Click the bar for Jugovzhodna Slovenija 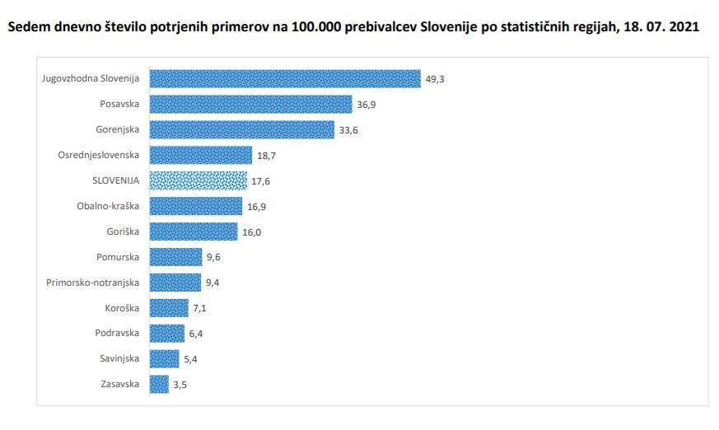[x=284, y=78]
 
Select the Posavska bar [x=252, y=104]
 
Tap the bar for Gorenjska [x=242, y=129]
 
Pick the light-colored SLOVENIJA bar [x=198, y=180]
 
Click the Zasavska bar [x=159, y=384]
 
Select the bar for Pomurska [x=175, y=257]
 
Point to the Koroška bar [x=169, y=308]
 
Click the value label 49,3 [x=435, y=79]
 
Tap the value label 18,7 [x=266, y=156]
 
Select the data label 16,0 [x=252, y=232]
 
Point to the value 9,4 [x=213, y=283]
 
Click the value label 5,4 [x=191, y=359]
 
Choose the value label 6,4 [x=197, y=334]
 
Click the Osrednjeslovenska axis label [x=99, y=155]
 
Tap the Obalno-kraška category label [x=108, y=206]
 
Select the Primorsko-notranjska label [x=93, y=283]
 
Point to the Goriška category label [x=123, y=231]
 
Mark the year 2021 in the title [x=684, y=26]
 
